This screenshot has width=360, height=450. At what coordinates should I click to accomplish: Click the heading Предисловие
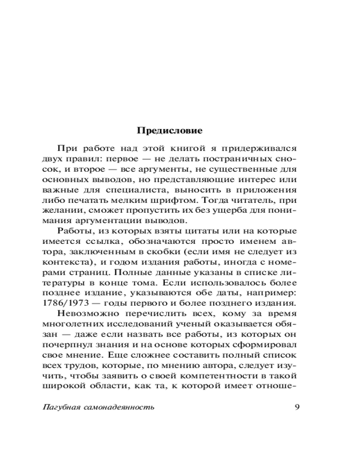[x=170, y=131]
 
